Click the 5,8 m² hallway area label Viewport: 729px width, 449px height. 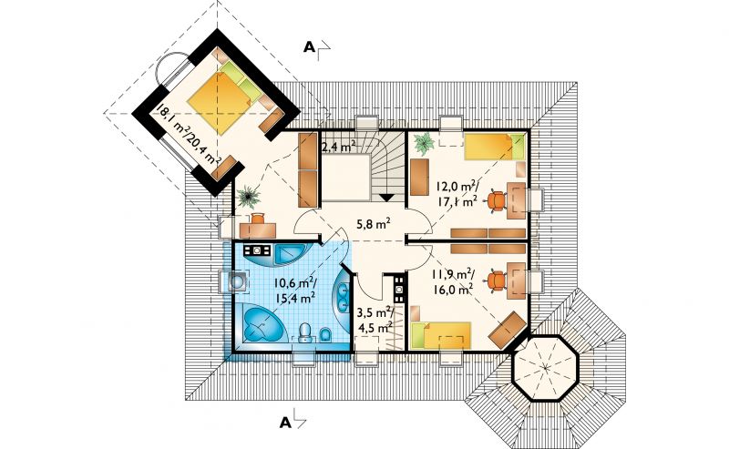click(x=373, y=224)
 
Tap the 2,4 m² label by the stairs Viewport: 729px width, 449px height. click(x=339, y=148)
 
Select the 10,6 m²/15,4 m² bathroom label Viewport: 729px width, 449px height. click(x=295, y=290)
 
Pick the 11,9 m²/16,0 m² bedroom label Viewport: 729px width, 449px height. click(x=450, y=281)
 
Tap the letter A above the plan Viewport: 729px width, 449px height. click(x=309, y=47)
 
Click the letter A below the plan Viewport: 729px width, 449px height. click(x=285, y=423)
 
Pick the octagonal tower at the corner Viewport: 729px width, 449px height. click(x=544, y=367)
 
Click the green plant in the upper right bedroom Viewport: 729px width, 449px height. click(x=424, y=143)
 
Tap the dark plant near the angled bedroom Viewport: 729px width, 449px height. click(x=249, y=197)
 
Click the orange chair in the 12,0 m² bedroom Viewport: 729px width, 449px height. click(x=496, y=201)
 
